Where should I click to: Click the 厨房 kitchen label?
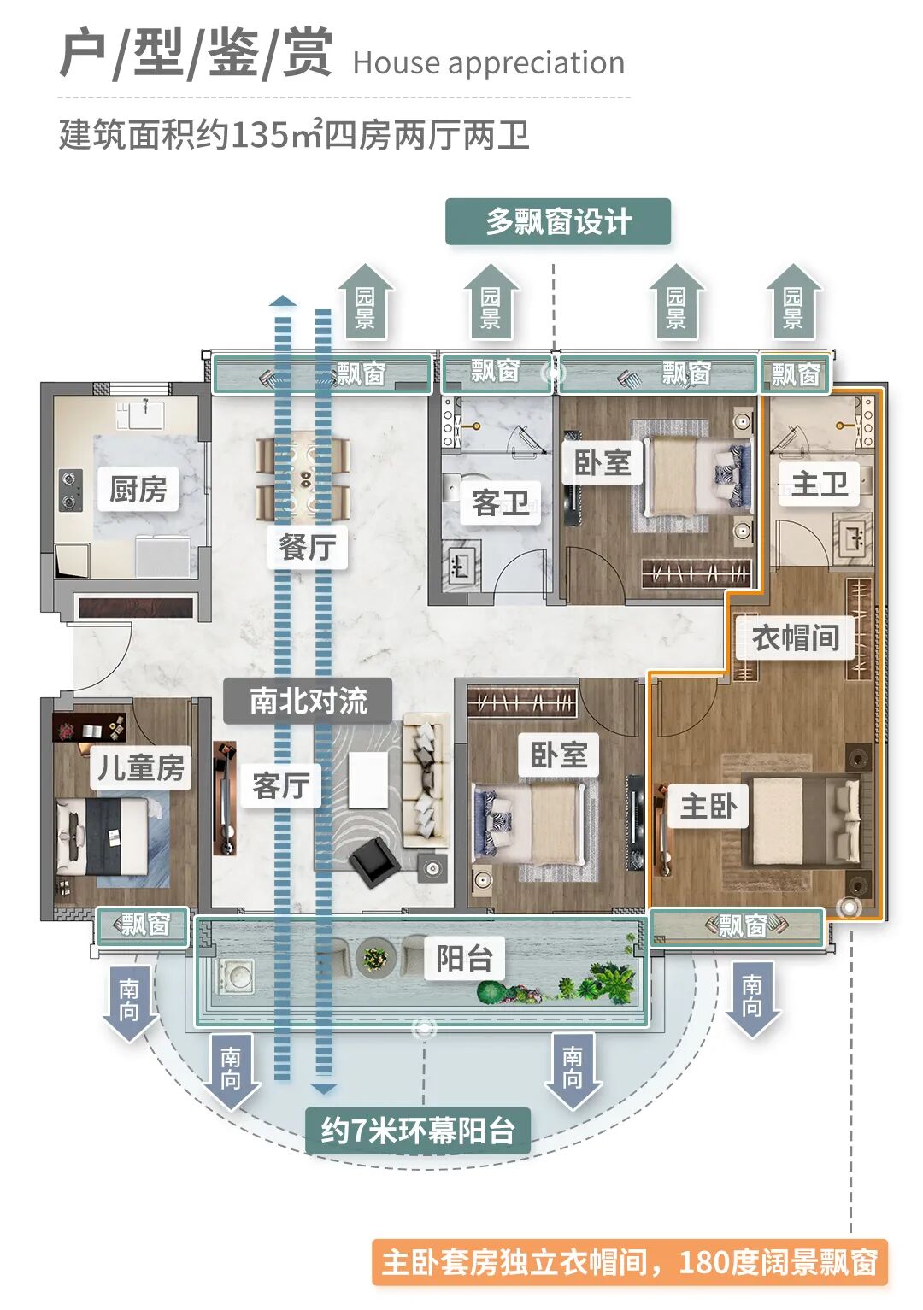point(138,489)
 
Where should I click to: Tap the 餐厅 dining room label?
point(308,547)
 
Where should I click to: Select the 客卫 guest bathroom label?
point(500,502)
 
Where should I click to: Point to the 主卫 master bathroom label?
point(819,485)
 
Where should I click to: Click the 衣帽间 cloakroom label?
point(795,637)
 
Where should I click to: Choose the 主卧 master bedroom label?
point(708,806)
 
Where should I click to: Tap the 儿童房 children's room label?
point(140,767)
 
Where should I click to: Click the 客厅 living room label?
point(280,785)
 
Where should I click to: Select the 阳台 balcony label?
point(464,959)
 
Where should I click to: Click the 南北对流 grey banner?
point(308,701)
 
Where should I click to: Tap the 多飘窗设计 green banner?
point(558,222)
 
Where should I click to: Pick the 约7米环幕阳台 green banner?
point(418,1131)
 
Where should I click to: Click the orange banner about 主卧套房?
point(629,1262)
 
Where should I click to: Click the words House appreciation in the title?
point(488,63)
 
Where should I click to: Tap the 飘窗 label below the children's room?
point(144,925)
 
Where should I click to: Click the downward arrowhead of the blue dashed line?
point(323,1089)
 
